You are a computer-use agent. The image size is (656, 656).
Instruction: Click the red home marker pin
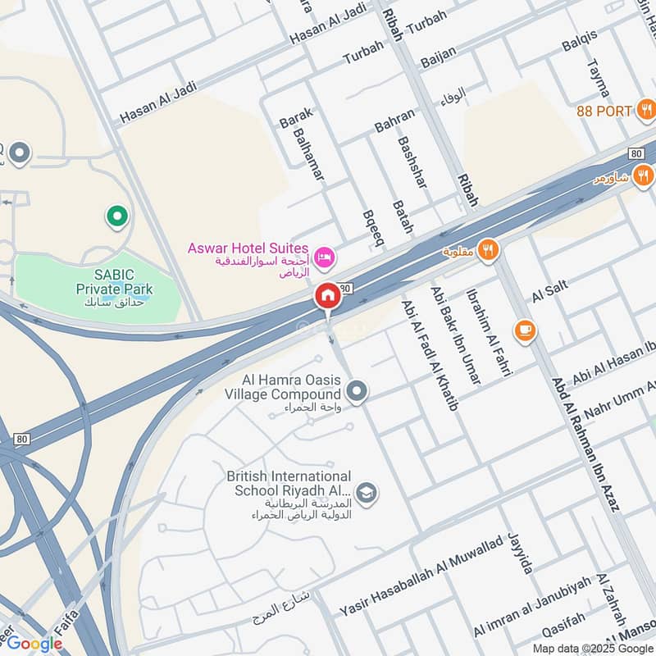point(327,296)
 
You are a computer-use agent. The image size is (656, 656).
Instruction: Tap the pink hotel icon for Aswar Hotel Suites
point(325,258)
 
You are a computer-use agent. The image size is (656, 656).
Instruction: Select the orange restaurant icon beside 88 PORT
point(647,110)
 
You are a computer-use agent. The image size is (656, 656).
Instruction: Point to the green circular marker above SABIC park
point(117,216)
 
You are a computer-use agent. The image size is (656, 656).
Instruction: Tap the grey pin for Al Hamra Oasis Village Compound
point(356,392)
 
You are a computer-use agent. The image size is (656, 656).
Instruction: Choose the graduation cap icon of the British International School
point(367,491)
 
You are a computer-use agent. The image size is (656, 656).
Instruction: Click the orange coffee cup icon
point(525,330)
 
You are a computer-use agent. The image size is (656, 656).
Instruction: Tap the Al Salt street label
point(550,293)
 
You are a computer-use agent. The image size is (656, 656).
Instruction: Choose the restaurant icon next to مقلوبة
point(489,249)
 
